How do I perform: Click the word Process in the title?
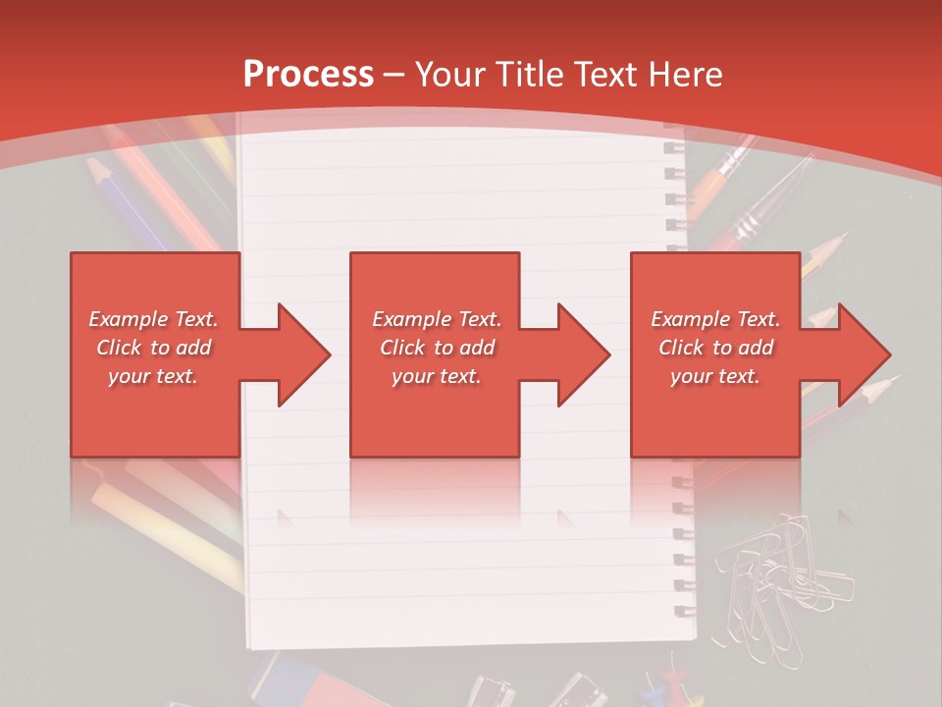point(308,74)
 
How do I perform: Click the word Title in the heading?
point(532,74)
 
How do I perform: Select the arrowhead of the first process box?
point(304,354)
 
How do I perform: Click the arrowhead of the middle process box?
point(585,354)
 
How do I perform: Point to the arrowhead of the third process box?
point(864,354)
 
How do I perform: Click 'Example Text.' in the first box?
point(153,319)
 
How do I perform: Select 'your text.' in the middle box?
point(436,376)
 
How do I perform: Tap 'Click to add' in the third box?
point(716,348)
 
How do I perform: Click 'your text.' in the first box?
point(153,376)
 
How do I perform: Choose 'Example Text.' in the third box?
point(715,319)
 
